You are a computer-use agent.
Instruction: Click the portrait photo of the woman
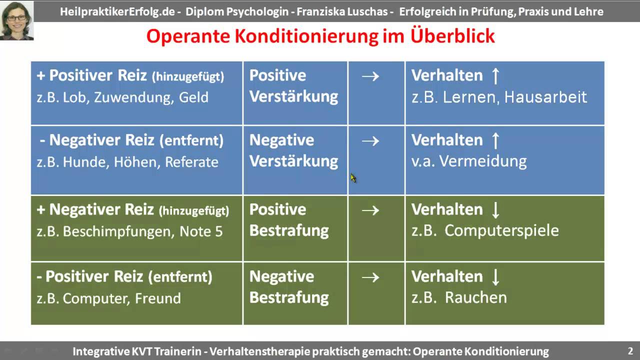pos(17,20)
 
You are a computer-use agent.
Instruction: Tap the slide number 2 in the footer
pos(630,350)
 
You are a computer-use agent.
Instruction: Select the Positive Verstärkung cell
pos(294,86)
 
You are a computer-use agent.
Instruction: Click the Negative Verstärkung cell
pos(294,150)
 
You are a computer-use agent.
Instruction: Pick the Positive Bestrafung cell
pos(289,220)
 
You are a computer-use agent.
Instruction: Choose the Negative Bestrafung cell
pos(289,287)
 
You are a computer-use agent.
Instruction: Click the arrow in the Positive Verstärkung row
pos(370,76)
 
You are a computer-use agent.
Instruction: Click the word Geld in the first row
pos(193,97)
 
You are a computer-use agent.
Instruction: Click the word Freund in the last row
pos(158,298)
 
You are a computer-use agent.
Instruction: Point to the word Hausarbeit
pos(545,97)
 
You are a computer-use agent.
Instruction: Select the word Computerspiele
pos(501,230)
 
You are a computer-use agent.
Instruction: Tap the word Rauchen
pos(475,297)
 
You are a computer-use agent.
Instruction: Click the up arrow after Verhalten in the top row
pos(495,76)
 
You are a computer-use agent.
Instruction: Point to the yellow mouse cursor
pos(353,178)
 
